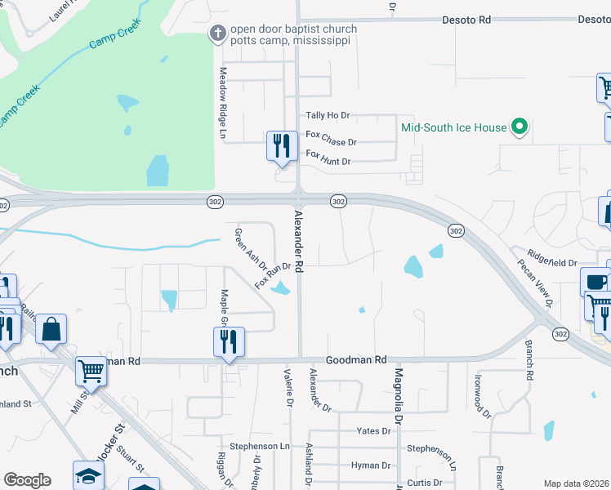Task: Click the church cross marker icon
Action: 217,33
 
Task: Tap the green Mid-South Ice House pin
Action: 517,127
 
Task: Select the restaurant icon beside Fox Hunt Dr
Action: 281,146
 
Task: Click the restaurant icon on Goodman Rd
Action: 229,341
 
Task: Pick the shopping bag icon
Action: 51,329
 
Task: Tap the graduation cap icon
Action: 89,475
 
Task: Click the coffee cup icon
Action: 595,283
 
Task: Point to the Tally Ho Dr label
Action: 328,116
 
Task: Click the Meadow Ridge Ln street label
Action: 222,102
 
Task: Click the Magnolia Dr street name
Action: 399,394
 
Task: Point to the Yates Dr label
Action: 374,430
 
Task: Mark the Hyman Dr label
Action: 369,465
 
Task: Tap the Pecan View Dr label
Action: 536,282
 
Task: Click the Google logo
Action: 27,480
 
